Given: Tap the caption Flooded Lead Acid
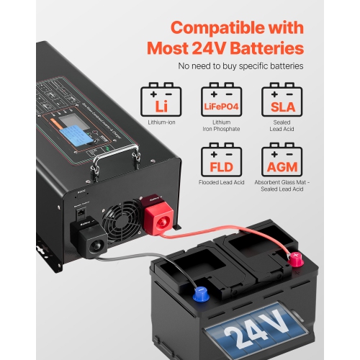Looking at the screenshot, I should click(x=220, y=183).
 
